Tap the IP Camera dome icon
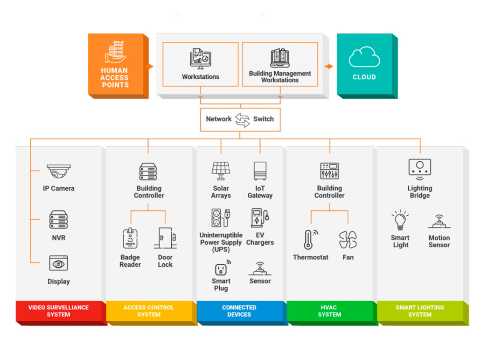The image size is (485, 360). [x=59, y=171]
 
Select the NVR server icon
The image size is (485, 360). [x=58, y=220]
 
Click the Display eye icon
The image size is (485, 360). [x=58, y=264]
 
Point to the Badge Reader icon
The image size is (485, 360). [x=130, y=238]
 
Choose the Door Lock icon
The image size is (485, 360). [x=165, y=238]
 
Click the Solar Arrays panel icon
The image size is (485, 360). [x=221, y=171]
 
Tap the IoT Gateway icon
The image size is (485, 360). [x=260, y=171]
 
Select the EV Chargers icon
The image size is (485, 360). [x=260, y=218]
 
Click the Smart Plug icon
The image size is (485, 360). [x=221, y=268]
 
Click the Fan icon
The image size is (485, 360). [x=348, y=240]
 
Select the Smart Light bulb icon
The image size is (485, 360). [x=400, y=220]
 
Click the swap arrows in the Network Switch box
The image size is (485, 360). [x=242, y=120]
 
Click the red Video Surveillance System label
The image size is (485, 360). [x=59, y=311]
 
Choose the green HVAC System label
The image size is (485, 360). [x=329, y=311]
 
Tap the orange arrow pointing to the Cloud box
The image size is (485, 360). [x=329, y=66]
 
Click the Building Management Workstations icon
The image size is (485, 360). [x=280, y=58]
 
